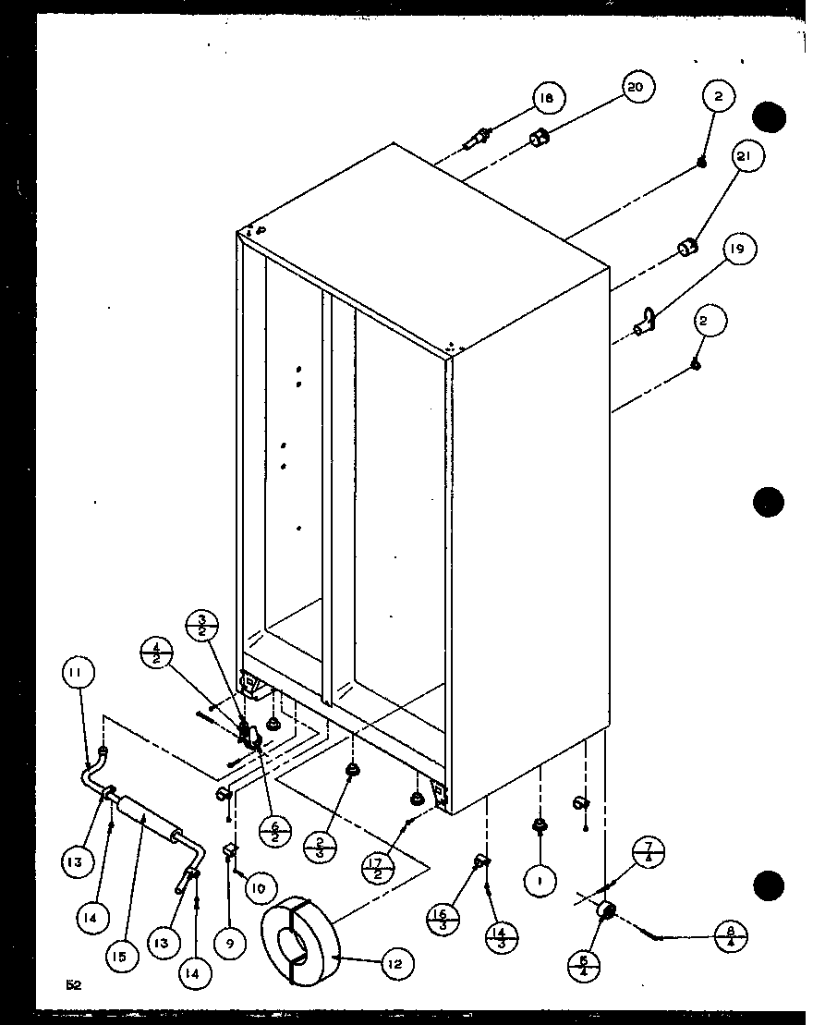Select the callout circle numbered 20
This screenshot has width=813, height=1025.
tap(636, 89)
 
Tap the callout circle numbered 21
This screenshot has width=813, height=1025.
tap(746, 158)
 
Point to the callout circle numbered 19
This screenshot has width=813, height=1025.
tap(738, 250)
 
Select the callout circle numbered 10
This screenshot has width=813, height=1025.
tap(260, 889)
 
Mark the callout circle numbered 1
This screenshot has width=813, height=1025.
tap(540, 881)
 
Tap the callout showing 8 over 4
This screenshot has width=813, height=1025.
tap(730, 936)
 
